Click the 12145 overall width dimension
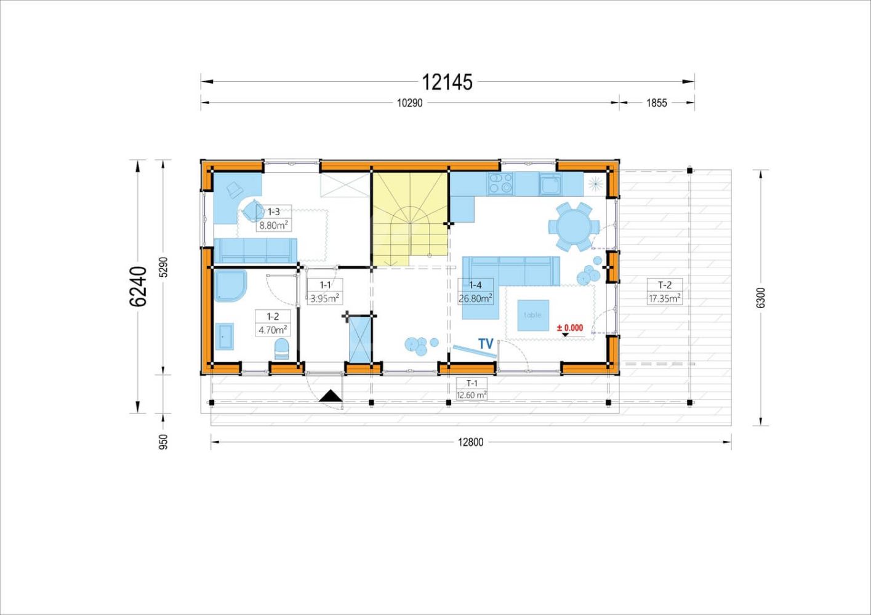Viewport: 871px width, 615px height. point(447,82)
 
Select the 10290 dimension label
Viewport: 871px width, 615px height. point(409,103)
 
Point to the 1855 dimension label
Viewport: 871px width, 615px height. point(656,103)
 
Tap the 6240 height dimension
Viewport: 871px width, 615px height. point(138,287)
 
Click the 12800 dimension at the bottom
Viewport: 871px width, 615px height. point(470,442)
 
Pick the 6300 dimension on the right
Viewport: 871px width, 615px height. point(761,298)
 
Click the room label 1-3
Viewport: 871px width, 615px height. point(274,212)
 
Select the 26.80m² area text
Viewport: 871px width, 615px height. point(476,298)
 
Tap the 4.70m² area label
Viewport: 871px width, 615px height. point(273,330)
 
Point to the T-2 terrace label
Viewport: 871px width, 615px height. point(665,285)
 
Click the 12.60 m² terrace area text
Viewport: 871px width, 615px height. point(472,395)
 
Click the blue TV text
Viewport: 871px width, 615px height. point(486,343)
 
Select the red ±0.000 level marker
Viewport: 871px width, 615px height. point(570,328)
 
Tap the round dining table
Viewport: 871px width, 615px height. point(574,226)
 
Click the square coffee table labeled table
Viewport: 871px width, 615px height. point(533,315)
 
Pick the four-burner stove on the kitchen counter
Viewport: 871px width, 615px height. point(500,183)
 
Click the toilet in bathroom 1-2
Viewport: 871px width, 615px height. point(282,349)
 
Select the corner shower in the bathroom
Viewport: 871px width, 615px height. point(230,286)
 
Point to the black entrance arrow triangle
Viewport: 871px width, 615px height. point(331,395)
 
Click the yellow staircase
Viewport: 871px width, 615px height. point(410,219)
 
